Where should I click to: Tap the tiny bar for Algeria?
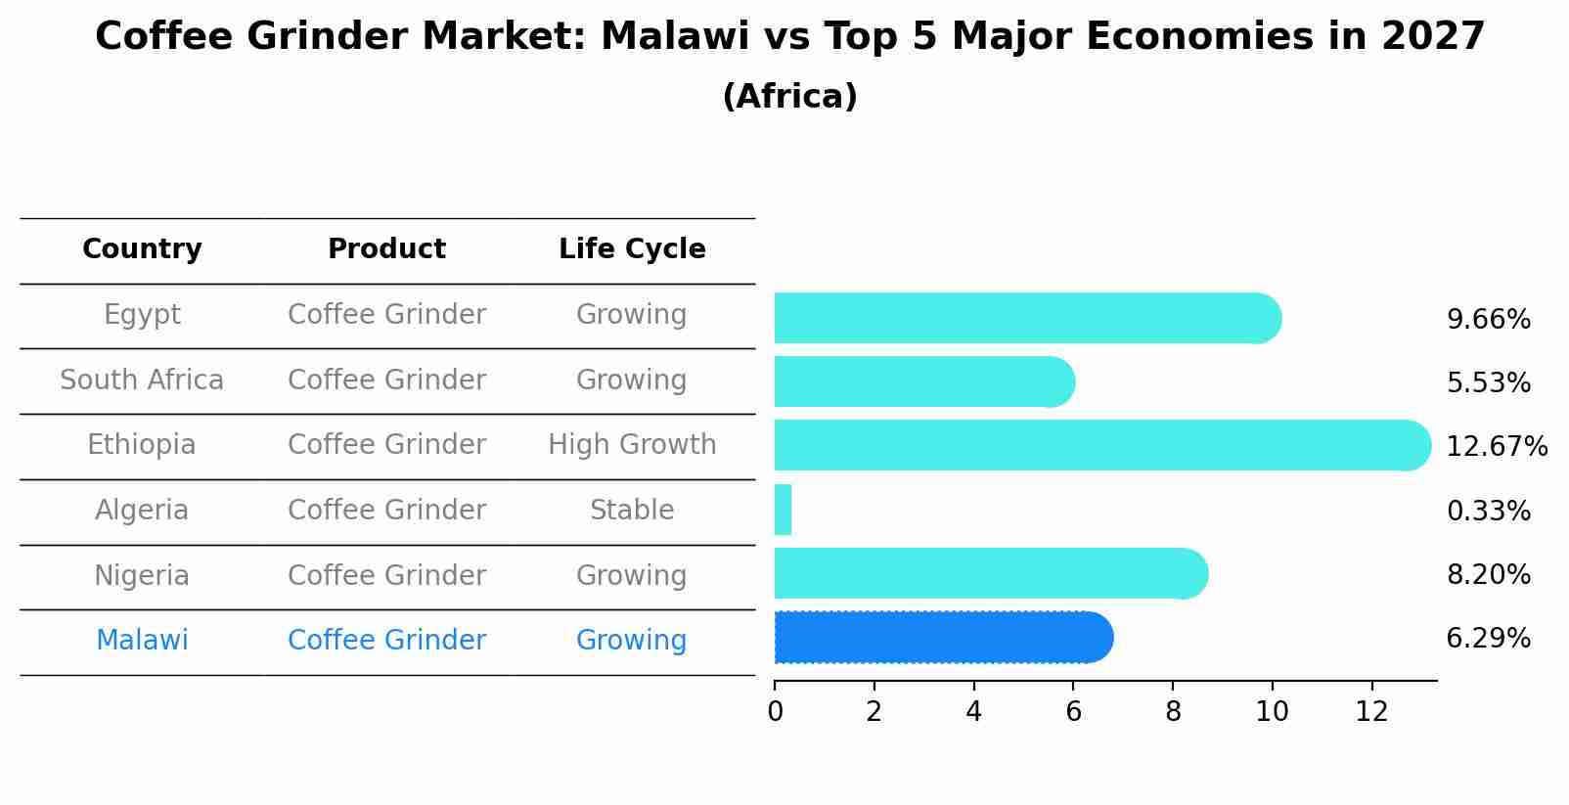pyautogui.click(x=783, y=510)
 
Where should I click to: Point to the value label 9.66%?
pyautogui.click(x=1488, y=320)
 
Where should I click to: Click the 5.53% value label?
pyautogui.click(x=1488, y=383)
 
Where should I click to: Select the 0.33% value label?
pyautogui.click(x=1488, y=511)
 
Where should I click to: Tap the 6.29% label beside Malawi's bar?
pyautogui.click(x=1488, y=639)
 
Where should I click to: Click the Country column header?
pyautogui.click(x=142, y=249)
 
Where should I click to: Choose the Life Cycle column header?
pyautogui.click(x=632, y=249)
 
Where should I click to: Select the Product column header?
pyautogui.click(x=386, y=249)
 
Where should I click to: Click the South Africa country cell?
pyautogui.click(x=142, y=380)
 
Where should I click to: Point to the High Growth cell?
pyautogui.click(x=632, y=445)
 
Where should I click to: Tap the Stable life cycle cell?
pyautogui.click(x=632, y=511)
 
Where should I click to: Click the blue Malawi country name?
pyautogui.click(x=142, y=641)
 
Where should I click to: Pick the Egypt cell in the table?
pyautogui.click(x=142, y=315)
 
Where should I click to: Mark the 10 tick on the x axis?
pyautogui.click(x=1272, y=712)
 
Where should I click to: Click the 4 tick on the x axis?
pyautogui.click(x=973, y=712)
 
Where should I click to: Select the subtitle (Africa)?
pyautogui.click(x=789, y=97)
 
